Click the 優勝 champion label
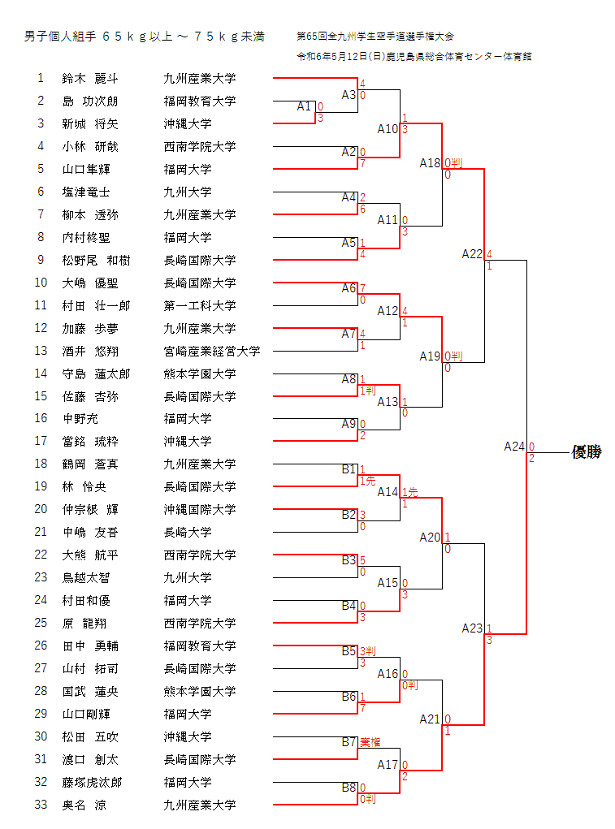587,452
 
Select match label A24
514,447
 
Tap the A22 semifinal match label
472,254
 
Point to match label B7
349,742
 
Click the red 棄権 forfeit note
370,742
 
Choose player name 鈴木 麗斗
90,79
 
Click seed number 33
41,805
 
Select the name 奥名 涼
84,805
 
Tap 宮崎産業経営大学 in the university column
212,351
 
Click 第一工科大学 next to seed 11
200,305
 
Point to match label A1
304,106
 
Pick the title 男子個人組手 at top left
60,37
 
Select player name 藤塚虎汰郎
92,783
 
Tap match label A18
430,163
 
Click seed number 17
41,441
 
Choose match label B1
349,469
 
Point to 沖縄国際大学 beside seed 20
200,510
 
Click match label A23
472,628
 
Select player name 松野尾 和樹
96,260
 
